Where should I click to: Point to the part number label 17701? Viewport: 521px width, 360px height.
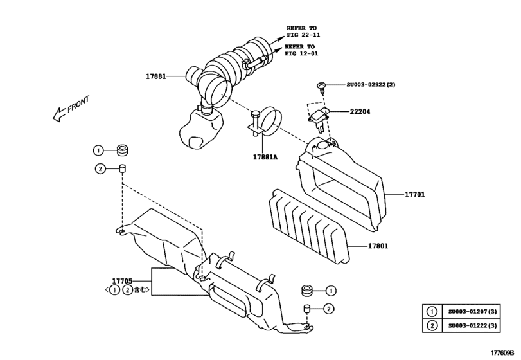click(x=415, y=194)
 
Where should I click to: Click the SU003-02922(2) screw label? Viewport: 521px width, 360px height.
click(x=371, y=85)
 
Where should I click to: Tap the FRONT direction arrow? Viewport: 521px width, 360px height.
click(x=71, y=110)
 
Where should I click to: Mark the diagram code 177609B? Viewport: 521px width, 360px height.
click(x=504, y=352)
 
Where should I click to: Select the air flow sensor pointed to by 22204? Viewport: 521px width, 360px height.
click(x=321, y=118)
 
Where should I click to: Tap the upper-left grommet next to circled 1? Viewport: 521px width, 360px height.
click(x=121, y=151)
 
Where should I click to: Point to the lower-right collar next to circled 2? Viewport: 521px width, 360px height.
click(x=308, y=310)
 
